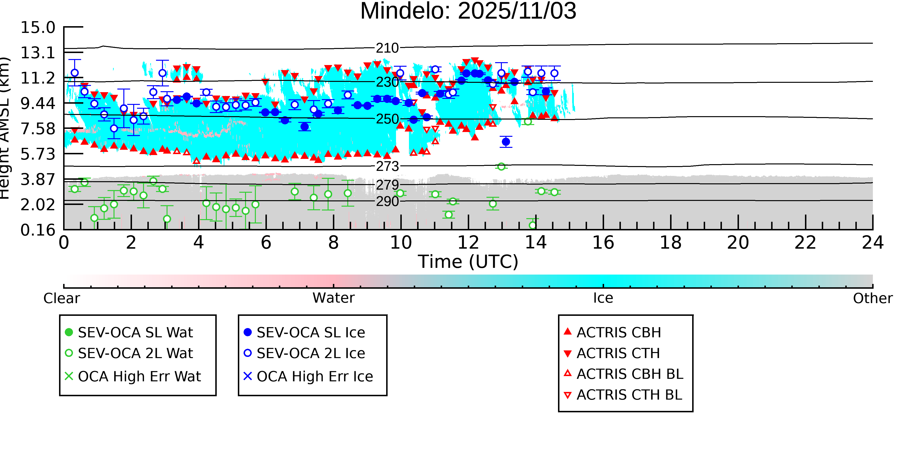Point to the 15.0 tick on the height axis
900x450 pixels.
point(38,28)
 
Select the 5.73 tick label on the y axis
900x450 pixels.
point(38,154)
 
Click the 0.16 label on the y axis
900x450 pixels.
point(38,230)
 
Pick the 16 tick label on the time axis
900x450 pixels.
point(603,243)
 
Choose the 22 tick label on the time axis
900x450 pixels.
point(805,243)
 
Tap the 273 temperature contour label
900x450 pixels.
point(387,166)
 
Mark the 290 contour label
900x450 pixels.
point(387,202)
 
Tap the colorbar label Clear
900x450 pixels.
point(61,298)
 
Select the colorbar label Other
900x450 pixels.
point(872,298)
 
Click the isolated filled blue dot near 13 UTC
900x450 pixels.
point(505,142)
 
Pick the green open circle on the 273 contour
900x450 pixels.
point(501,167)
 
